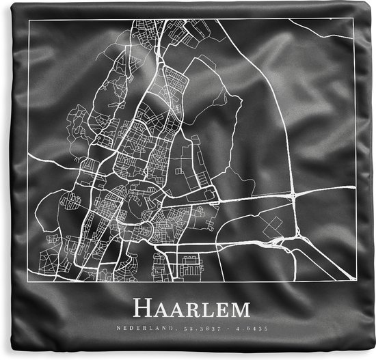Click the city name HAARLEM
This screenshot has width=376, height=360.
click(x=191, y=309)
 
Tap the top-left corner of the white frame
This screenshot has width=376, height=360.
click(x=28, y=20)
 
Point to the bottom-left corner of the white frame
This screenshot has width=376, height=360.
click(x=28, y=282)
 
